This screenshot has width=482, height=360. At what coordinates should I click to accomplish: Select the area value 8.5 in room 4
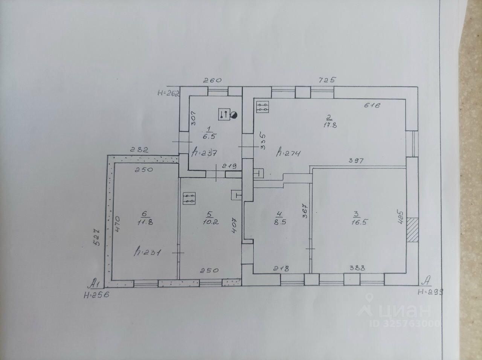(x=279, y=222)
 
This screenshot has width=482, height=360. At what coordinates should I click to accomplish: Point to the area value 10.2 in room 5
(x=209, y=222)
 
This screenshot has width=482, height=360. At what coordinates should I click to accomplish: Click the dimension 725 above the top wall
(x=326, y=80)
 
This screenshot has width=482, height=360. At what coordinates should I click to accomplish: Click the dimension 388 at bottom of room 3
(x=357, y=268)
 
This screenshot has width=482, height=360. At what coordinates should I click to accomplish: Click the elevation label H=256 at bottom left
(x=96, y=295)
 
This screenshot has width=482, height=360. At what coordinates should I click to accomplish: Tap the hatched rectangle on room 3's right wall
(x=412, y=230)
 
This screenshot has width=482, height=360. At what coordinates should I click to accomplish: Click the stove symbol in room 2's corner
(x=262, y=107)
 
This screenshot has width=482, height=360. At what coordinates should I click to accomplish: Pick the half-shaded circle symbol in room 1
(x=235, y=115)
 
